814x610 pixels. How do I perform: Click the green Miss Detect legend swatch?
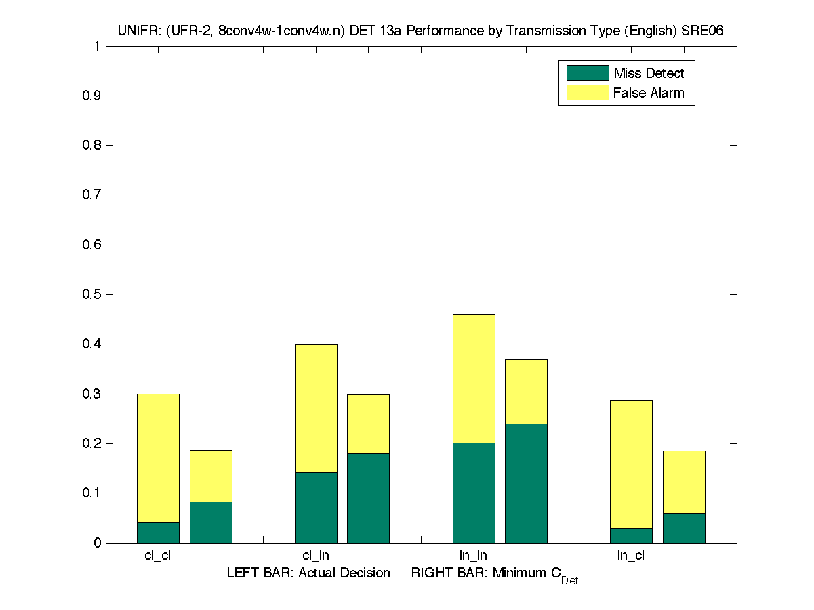587,73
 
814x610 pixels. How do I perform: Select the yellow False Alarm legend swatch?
587,93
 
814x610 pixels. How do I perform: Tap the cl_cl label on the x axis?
158,556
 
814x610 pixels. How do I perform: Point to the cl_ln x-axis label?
316,556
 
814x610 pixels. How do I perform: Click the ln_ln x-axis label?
473,556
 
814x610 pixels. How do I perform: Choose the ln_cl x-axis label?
631,556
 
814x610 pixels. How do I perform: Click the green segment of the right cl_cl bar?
211,522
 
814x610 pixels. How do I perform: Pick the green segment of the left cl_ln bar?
316,507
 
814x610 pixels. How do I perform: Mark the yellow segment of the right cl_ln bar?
368,424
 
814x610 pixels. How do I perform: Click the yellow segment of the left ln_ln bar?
474,378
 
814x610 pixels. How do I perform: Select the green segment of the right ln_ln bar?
526,483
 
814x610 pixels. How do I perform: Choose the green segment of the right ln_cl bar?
684,527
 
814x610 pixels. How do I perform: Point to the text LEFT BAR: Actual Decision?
308,573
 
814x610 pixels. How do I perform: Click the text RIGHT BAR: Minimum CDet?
494,575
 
